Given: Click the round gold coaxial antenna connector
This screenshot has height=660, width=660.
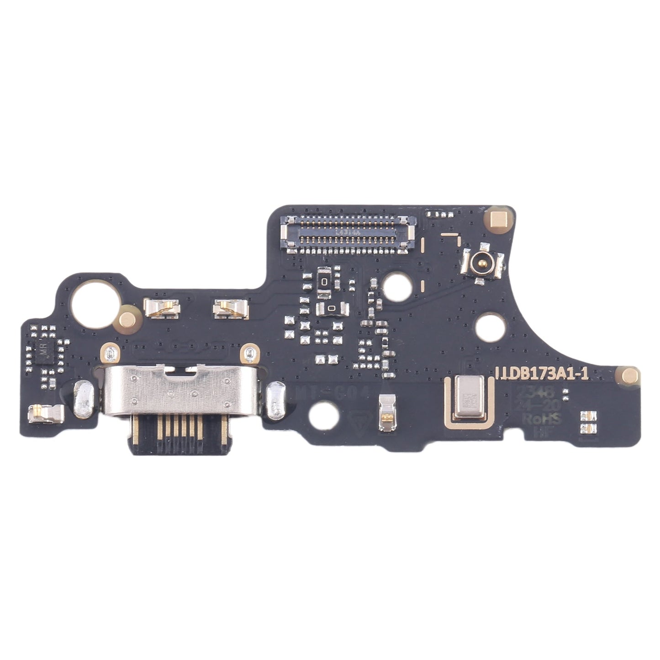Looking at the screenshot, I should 482,263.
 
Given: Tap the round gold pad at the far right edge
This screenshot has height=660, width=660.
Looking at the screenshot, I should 626,375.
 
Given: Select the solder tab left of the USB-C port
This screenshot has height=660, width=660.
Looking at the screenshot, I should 83,401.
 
